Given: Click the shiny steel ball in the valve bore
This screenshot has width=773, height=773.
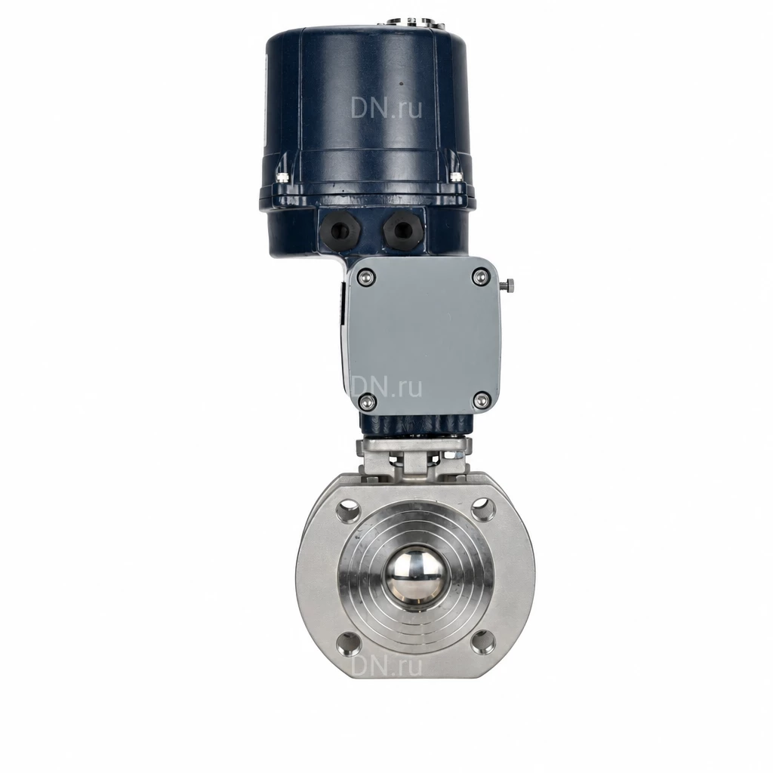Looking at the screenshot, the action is point(414,577).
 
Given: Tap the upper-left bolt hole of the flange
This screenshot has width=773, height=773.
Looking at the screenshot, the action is point(349,510).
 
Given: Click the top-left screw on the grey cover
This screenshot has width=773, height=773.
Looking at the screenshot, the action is point(365,277).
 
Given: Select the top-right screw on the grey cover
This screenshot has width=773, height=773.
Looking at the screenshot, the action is point(479,276).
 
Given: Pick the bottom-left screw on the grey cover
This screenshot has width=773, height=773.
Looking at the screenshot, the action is point(365,402).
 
